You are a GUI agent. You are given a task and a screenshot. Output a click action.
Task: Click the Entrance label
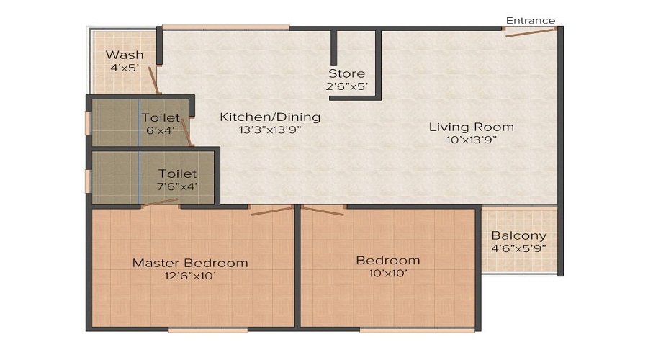pyautogui.click(x=531, y=20)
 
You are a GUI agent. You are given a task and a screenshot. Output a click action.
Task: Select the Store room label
pyautogui.click(x=347, y=73)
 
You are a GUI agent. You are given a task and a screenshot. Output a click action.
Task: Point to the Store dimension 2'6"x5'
pyautogui.click(x=347, y=87)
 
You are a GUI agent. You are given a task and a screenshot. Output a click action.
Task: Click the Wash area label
pyautogui.click(x=125, y=55)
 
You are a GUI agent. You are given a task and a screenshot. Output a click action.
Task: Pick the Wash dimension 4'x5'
pyautogui.click(x=125, y=68)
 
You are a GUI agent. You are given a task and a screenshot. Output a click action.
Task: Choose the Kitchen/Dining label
pyautogui.click(x=270, y=117)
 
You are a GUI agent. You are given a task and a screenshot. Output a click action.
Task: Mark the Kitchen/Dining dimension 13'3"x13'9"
pyautogui.click(x=270, y=130)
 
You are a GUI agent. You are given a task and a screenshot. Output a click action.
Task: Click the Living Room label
pyautogui.click(x=472, y=127)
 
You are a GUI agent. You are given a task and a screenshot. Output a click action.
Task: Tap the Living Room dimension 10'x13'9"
pyautogui.click(x=472, y=140)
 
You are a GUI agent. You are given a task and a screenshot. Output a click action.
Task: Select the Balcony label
pyautogui.click(x=518, y=235)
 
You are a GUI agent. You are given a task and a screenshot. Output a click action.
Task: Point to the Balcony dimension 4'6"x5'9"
pyautogui.click(x=518, y=249)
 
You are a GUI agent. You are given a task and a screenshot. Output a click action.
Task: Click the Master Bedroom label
pyautogui.click(x=190, y=263)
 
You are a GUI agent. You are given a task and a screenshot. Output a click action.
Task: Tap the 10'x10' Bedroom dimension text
pyautogui.click(x=388, y=274)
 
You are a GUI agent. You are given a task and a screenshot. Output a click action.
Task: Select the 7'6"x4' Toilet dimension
pyautogui.click(x=178, y=186)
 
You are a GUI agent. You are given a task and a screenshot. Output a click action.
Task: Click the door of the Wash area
pyautogui.click(x=154, y=80)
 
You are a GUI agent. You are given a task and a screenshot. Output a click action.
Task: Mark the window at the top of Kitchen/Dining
pyautogui.click(x=225, y=27)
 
